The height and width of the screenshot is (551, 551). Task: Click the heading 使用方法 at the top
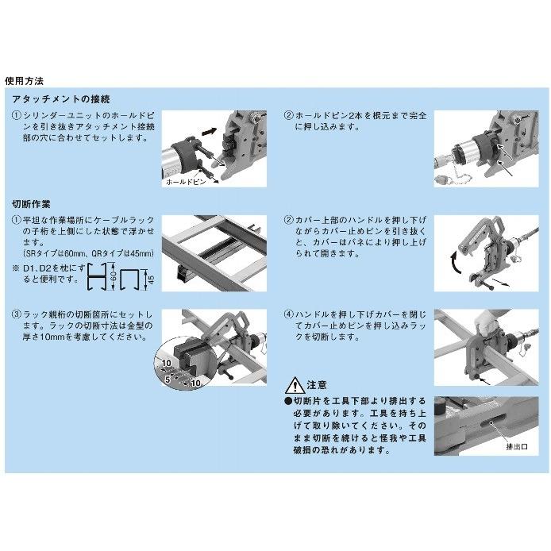(24, 81)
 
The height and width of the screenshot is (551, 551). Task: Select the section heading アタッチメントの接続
(61, 99)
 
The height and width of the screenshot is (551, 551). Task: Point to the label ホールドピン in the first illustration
(185, 182)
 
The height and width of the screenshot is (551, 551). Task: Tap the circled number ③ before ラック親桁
(17, 314)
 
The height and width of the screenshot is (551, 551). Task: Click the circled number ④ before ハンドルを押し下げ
(289, 314)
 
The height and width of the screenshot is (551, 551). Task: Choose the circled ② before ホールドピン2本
(289, 116)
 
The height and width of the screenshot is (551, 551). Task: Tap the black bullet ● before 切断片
(288, 402)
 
